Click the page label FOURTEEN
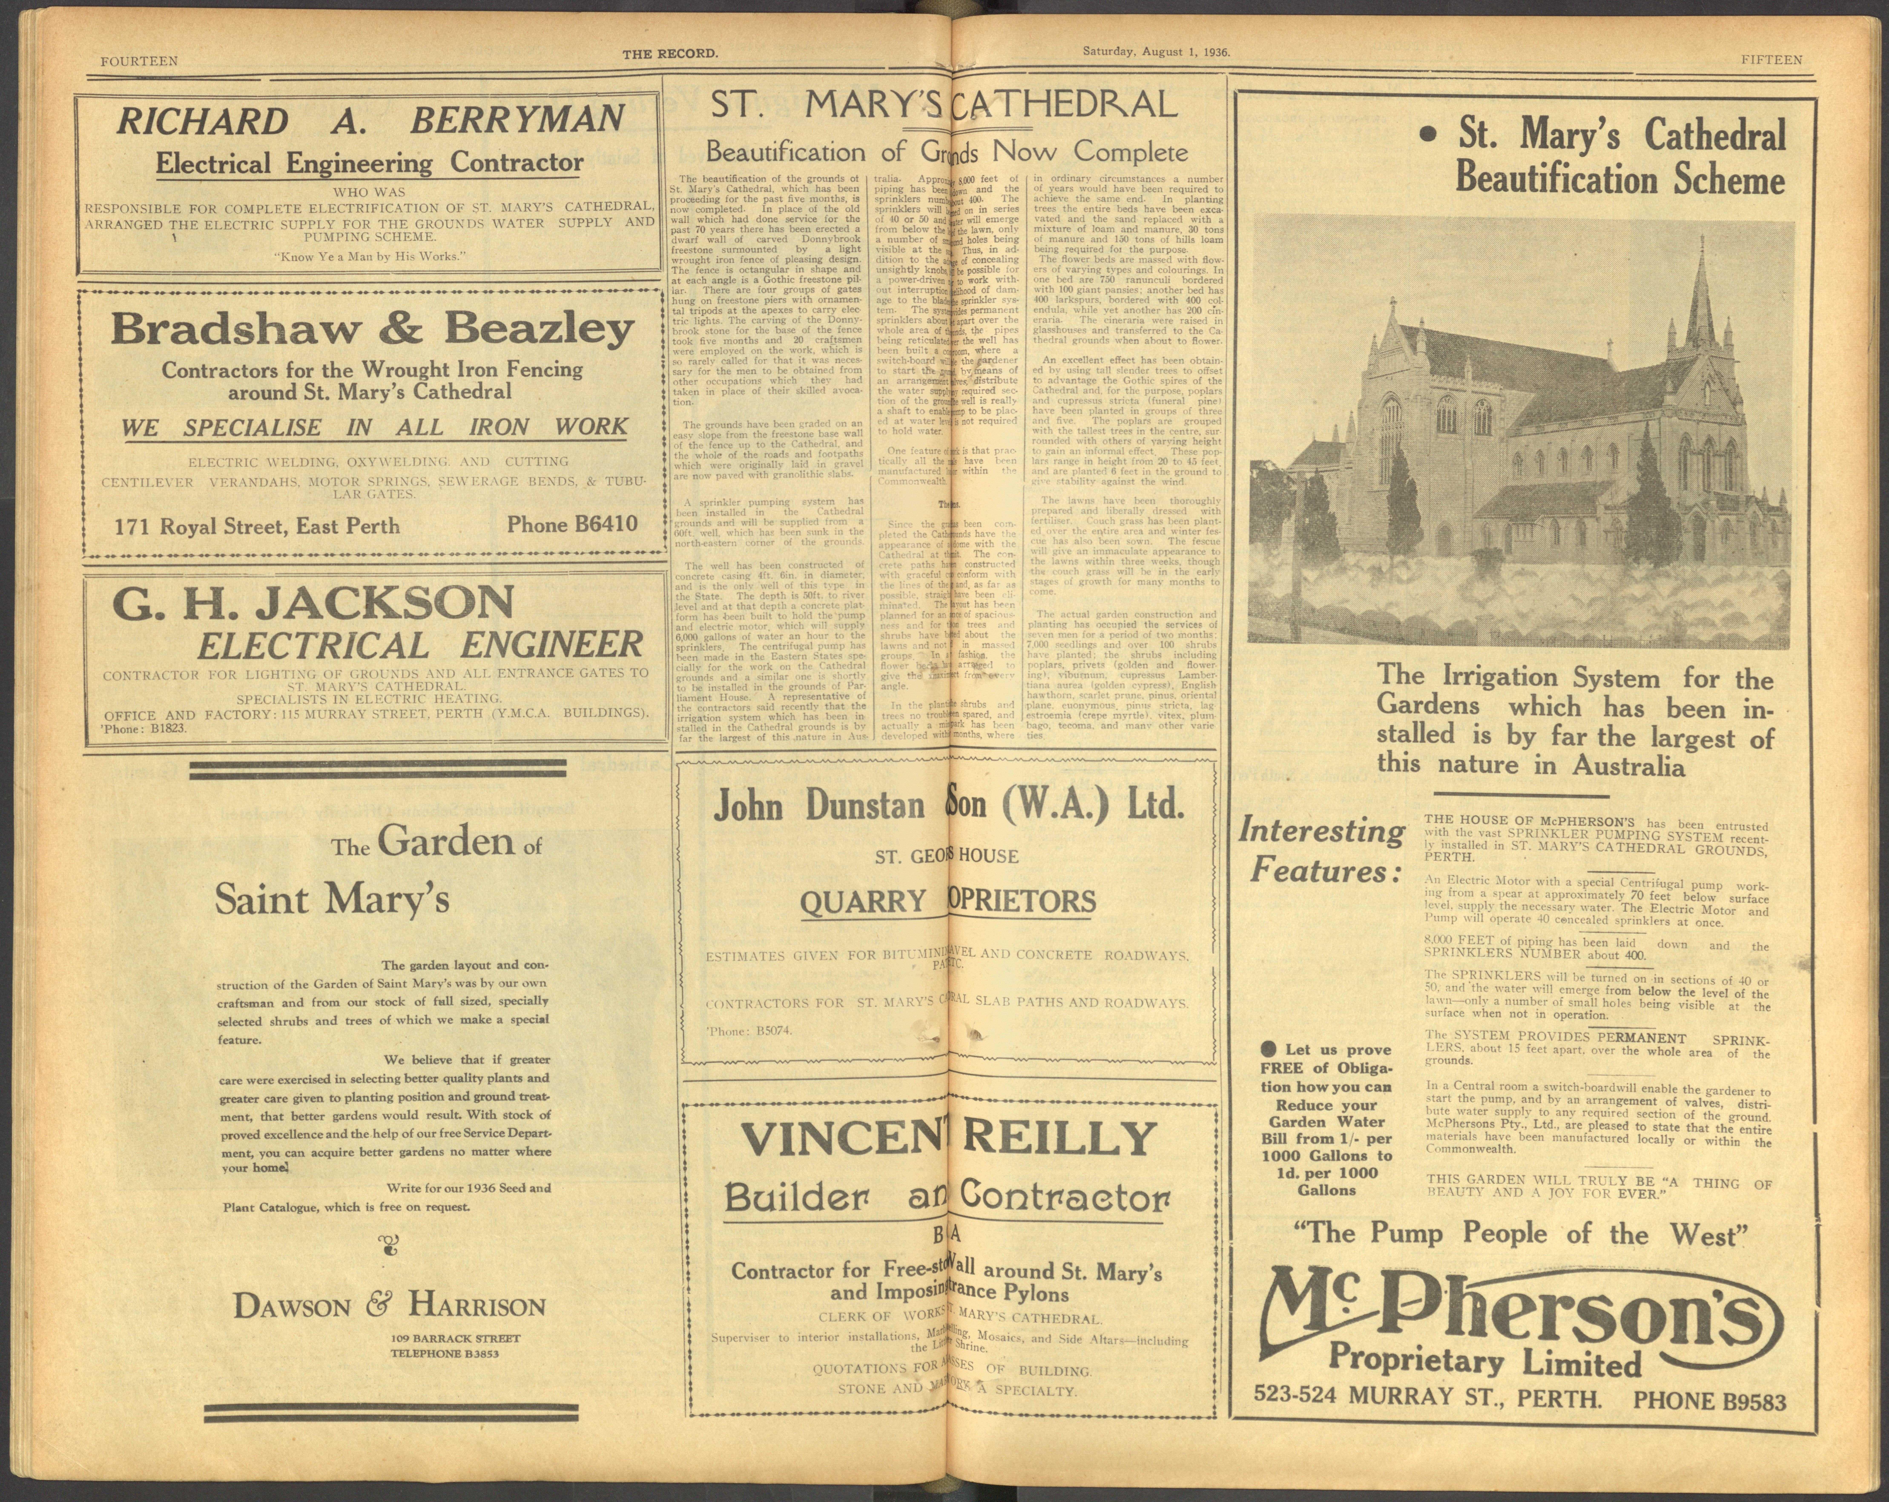[x=139, y=61]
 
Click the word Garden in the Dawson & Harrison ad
[x=446, y=842]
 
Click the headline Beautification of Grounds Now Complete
[x=946, y=152]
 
